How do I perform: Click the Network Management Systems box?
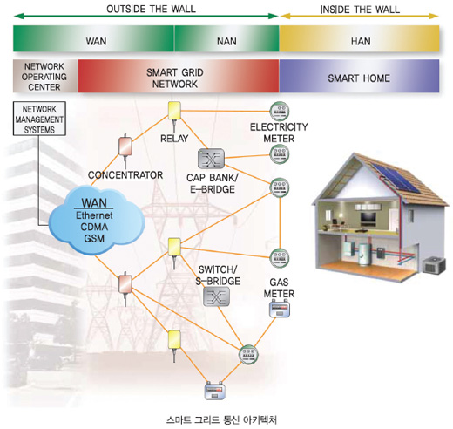[x=39, y=119]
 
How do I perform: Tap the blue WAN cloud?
[x=96, y=221]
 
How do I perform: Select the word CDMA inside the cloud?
[x=94, y=227]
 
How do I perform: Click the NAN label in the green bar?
[x=226, y=41]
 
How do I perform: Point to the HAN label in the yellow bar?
[x=361, y=41]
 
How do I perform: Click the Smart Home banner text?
[x=359, y=78]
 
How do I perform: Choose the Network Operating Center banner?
[x=44, y=77]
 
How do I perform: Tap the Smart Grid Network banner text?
[x=175, y=78]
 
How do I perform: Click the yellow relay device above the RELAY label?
[x=174, y=111]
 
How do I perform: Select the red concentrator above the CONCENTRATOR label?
[x=125, y=146]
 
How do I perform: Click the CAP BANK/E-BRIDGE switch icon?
[x=211, y=159]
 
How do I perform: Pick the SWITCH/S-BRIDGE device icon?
[x=217, y=296]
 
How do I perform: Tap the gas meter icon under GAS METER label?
[x=280, y=310]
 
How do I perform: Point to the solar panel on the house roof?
[x=396, y=176]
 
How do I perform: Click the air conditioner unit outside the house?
[x=434, y=265]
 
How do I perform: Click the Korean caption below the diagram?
[x=221, y=420]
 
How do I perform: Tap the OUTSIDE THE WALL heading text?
[x=151, y=9]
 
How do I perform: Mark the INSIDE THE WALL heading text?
[x=360, y=10]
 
